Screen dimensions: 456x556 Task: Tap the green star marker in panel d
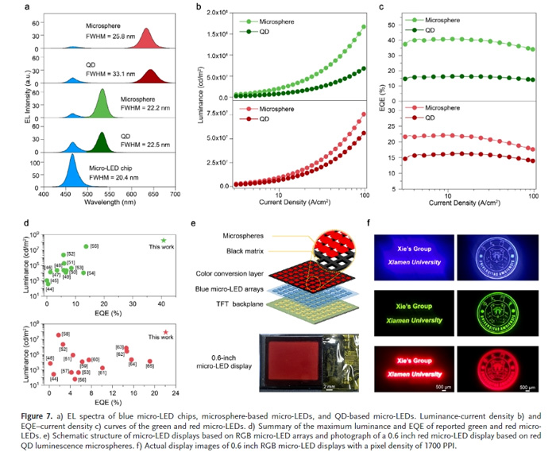tap(163, 240)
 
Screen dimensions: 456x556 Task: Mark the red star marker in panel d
tap(164, 332)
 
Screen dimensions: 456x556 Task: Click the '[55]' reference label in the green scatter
tap(95, 246)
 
